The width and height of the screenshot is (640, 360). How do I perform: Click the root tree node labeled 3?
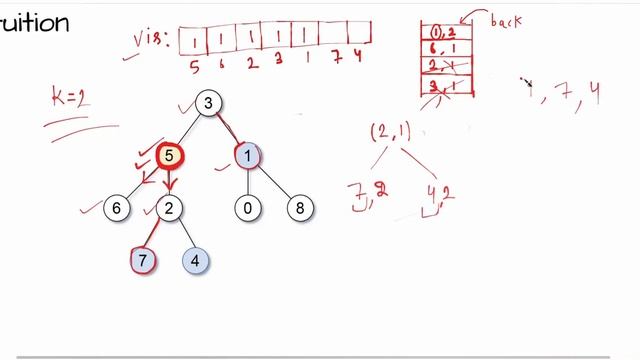tap(208, 103)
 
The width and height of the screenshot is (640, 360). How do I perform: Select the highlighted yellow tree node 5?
tap(169, 155)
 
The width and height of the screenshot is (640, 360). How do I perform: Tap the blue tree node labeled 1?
tap(247, 155)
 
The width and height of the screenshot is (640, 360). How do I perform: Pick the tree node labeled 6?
tap(117, 208)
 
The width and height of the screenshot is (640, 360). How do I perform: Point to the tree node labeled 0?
tap(247, 208)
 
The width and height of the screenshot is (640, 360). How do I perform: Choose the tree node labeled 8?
tap(299, 208)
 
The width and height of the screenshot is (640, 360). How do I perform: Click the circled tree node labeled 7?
tap(143, 261)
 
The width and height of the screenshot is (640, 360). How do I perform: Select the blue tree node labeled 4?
tap(195, 261)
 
